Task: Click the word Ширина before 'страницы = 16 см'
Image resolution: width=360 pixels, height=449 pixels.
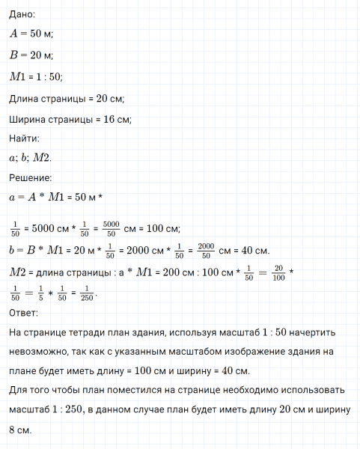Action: coord(28,120)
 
